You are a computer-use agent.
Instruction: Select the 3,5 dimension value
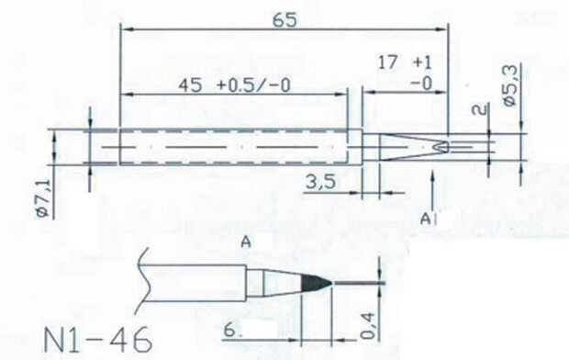(x=320, y=182)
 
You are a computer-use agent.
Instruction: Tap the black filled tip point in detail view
(x=317, y=280)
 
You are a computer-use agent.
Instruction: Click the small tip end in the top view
(x=441, y=147)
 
